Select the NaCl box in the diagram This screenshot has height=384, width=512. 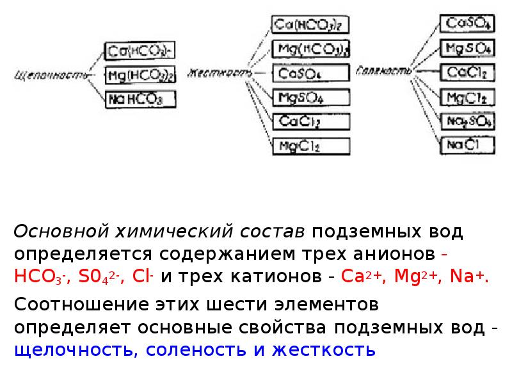[467, 145]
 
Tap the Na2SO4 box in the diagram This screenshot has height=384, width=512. [467, 121]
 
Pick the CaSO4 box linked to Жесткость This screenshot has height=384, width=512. [311, 74]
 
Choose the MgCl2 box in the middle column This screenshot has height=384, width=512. [311, 146]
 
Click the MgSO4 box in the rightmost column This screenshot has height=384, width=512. [467, 48]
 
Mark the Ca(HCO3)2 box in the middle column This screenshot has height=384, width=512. [311, 26]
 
